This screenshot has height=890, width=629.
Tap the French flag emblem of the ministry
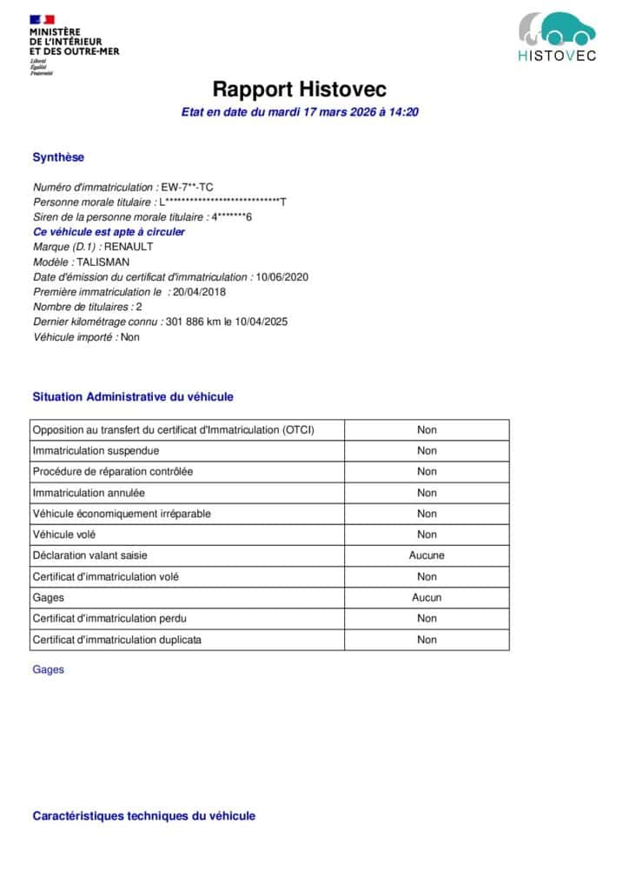click(x=42, y=19)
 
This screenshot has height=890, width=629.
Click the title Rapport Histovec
click(x=300, y=90)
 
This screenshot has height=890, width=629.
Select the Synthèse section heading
click(x=58, y=157)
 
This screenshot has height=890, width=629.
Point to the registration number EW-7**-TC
click(x=188, y=187)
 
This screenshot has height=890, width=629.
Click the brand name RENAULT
click(x=128, y=247)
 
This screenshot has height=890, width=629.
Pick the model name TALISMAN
click(x=103, y=262)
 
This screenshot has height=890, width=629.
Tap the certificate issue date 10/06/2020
click(x=282, y=277)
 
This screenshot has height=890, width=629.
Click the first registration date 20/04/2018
click(x=199, y=292)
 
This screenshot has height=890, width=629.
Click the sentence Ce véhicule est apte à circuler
click(x=109, y=232)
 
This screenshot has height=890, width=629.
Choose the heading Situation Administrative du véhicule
click(x=133, y=396)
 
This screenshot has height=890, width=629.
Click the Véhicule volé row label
click(x=64, y=535)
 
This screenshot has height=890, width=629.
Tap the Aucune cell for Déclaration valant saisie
click(x=427, y=555)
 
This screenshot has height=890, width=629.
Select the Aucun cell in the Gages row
click(x=427, y=597)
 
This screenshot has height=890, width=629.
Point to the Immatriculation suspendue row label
click(x=96, y=451)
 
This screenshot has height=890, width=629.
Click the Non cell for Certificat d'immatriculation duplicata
click(x=427, y=640)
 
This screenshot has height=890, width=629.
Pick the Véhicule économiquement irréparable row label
click(x=122, y=514)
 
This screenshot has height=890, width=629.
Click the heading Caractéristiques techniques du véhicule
click(x=144, y=815)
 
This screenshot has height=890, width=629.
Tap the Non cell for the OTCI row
click(x=427, y=429)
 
